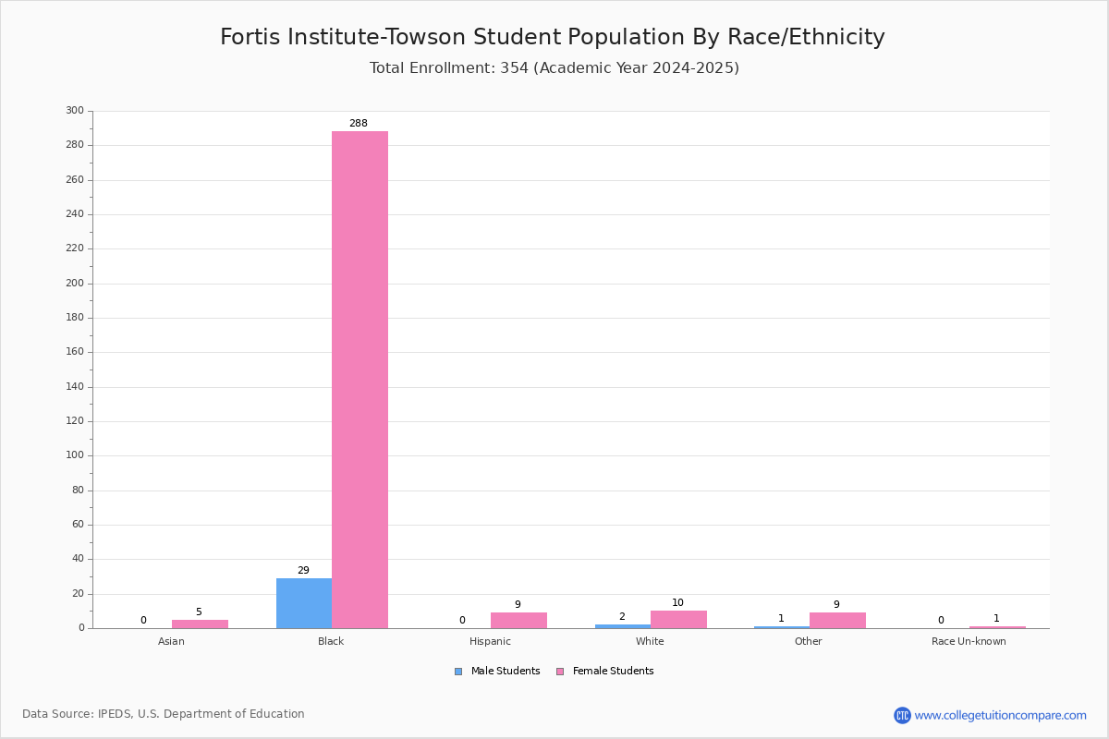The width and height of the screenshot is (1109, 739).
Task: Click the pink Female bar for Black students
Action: click(360, 380)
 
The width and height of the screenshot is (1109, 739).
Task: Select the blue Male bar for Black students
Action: click(304, 603)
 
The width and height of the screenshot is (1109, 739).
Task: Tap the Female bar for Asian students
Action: click(200, 624)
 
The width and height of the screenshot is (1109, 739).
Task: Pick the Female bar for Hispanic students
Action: click(518, 621)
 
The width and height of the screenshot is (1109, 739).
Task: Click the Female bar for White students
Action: click(678, 620)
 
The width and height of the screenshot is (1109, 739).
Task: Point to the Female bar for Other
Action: click(837, 621)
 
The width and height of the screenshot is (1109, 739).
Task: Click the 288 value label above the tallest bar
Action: click(359, 123)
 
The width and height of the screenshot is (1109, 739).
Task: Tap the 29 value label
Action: click(303, 570)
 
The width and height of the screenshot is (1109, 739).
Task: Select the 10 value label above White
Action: click(677, 603)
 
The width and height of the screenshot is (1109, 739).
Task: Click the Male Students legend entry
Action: click(497, 672)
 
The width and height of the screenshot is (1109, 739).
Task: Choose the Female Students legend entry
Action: click(605, 672)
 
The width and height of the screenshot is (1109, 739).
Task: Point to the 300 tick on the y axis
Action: click(75, 110)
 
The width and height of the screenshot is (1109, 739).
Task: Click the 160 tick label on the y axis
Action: click(75, 352)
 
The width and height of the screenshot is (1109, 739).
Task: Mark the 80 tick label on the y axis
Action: click(79, 490)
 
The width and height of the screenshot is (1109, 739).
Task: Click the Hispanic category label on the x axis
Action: click(490, 641)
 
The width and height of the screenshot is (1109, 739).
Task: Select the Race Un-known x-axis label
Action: click(969, 641)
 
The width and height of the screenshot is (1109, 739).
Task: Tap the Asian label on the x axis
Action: click(171, 641)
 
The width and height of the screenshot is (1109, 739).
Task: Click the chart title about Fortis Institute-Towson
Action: click(553, 37)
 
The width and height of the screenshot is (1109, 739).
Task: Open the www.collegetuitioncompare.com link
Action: click(1001, 715)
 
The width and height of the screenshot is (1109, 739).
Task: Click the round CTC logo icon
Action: click(903, 715)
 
